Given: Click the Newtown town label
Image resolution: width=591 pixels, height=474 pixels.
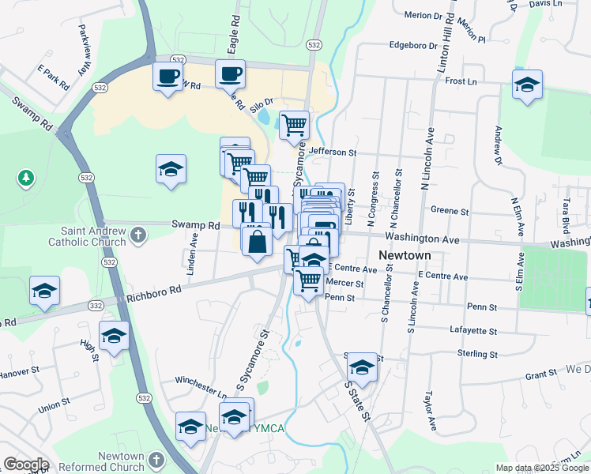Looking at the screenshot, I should pyautogui.click(x=404, y=256).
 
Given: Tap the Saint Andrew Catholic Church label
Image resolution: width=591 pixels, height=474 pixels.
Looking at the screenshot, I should pyautogui.click(x=87, y=237).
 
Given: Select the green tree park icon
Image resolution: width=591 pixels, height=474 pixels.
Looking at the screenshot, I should pyautogui.click(x=27, y=177).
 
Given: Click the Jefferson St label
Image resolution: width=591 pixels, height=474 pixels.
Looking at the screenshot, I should pyautogui.click(x=333, y=152).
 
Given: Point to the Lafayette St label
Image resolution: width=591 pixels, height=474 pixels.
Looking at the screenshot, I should pyautogui.click(x=472, y=332).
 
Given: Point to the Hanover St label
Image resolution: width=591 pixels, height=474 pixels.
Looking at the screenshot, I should pyautogui.click(x=19, y=371).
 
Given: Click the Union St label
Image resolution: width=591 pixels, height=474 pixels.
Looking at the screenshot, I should pyautogui.click(x=53, y=409).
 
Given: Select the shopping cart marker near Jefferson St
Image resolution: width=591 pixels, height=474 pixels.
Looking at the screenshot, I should pyautogui.click(x=294, y=125).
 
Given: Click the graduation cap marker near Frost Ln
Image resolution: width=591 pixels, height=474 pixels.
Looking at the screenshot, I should pyautogui.click(x=527, y=85).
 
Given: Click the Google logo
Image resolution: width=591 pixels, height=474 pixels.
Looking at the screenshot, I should pyautogui.click(x=25, y=465).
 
